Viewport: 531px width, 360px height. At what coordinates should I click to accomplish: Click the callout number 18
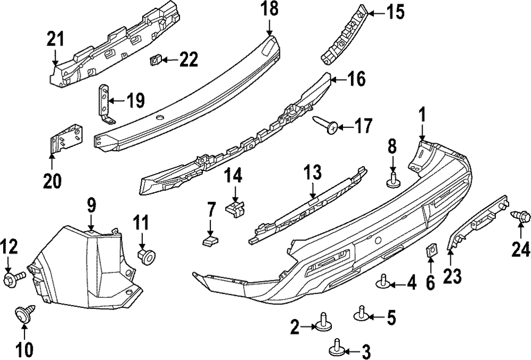click(x=269, y=10)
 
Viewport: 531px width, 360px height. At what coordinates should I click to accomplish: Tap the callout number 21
click(x=55, y=39)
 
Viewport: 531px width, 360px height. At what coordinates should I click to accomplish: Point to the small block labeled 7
click(x=210, y=242)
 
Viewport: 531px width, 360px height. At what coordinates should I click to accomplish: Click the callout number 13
click(x=313, y=173)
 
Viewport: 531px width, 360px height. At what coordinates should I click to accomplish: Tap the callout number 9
click(x=91, y=205)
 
